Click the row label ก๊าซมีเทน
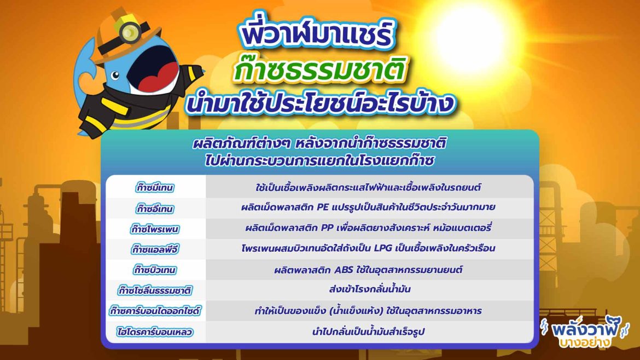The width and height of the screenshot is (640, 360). pos(155,187)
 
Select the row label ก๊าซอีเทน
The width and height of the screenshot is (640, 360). pos(155,208)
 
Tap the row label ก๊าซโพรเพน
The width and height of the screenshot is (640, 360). pos(155,229)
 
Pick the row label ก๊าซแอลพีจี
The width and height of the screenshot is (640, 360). pos(155,249)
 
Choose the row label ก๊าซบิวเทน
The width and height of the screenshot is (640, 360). pos(155,270)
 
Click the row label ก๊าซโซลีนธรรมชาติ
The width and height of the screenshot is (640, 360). pos(155,291)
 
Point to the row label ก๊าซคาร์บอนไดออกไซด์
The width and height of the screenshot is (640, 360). pos(155,311)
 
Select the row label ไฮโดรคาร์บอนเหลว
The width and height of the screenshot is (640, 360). pos(155,332)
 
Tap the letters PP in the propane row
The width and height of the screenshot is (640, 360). pos(327,228)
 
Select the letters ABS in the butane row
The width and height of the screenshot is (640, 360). pos(344,270)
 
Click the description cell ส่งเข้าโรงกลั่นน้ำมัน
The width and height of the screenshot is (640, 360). pos(370,289)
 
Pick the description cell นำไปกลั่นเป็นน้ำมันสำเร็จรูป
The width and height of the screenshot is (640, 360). pos(369,332)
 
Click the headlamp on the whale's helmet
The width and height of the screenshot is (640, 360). pos(129,32)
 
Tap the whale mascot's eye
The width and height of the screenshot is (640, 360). pos(115,75)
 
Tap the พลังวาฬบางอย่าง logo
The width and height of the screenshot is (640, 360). pos(585,333)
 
